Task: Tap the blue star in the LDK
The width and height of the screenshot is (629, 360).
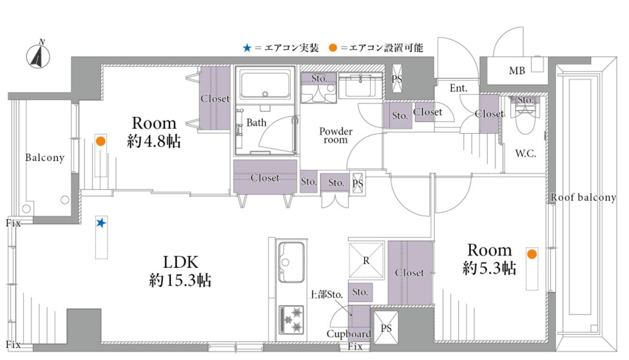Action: (101, 222)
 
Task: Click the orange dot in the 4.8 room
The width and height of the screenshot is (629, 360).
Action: (101, 141)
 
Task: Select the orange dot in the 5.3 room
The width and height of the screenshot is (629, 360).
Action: (532, 254)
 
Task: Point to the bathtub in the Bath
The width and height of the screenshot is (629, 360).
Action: (265, 85)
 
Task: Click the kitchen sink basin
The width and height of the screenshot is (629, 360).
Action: (291, 262)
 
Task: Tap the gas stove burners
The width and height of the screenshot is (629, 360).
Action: (292, 319)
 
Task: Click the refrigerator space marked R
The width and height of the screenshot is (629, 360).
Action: (366, 260)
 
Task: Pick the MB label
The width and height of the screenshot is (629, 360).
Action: (516, 71)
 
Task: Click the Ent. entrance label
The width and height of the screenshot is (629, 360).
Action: (458, 88)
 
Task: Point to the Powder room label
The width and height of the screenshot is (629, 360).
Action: (335, 135)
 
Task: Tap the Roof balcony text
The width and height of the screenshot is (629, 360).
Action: (583, 197)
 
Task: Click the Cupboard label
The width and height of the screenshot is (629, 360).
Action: (349, 334)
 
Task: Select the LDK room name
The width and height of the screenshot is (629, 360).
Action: (180, 262)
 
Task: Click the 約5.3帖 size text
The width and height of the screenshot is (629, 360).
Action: (489, 268)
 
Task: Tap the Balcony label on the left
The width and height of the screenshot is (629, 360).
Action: (44, 158)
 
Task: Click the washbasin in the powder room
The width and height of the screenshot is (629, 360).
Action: (361, 85)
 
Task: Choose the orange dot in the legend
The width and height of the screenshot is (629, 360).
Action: (332, 48)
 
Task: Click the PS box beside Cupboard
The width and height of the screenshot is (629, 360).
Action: (386, 328)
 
